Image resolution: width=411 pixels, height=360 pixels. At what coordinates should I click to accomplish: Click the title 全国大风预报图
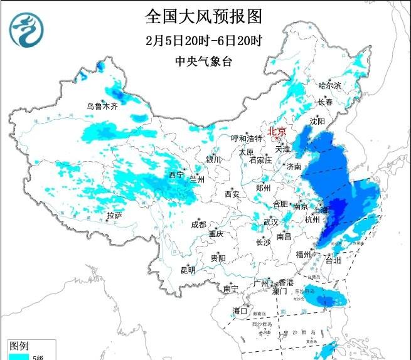203,16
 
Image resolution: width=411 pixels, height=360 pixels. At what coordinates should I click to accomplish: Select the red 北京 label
277,131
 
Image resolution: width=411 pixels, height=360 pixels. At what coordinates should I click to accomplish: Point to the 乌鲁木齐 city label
102,106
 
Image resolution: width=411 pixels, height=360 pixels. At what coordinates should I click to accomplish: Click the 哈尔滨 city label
329,85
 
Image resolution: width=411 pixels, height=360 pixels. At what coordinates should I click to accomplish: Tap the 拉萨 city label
114,215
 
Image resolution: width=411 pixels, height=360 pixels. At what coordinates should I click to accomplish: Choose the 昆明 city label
188,270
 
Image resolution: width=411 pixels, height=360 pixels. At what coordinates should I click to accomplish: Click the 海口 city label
240,310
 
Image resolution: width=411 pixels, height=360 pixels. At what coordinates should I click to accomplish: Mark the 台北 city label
333,260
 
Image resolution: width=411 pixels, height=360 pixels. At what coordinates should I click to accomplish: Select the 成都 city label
199,225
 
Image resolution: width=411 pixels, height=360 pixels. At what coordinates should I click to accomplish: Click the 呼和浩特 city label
245,138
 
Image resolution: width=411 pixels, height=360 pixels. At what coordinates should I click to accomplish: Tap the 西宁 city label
176,174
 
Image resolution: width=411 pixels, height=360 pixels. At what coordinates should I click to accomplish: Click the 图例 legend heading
19,346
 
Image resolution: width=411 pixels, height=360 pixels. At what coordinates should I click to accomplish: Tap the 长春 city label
324,101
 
